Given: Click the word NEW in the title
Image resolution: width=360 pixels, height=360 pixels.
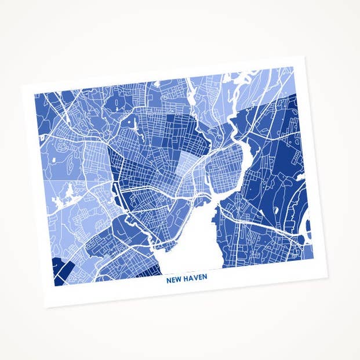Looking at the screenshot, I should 174,278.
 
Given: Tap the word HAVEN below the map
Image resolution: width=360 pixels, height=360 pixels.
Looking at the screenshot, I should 195,278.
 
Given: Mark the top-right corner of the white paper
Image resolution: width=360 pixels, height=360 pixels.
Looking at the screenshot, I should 303,56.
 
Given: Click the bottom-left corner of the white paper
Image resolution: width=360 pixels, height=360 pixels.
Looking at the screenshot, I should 47,306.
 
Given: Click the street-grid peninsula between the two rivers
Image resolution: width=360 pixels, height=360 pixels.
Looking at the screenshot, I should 223,165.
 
